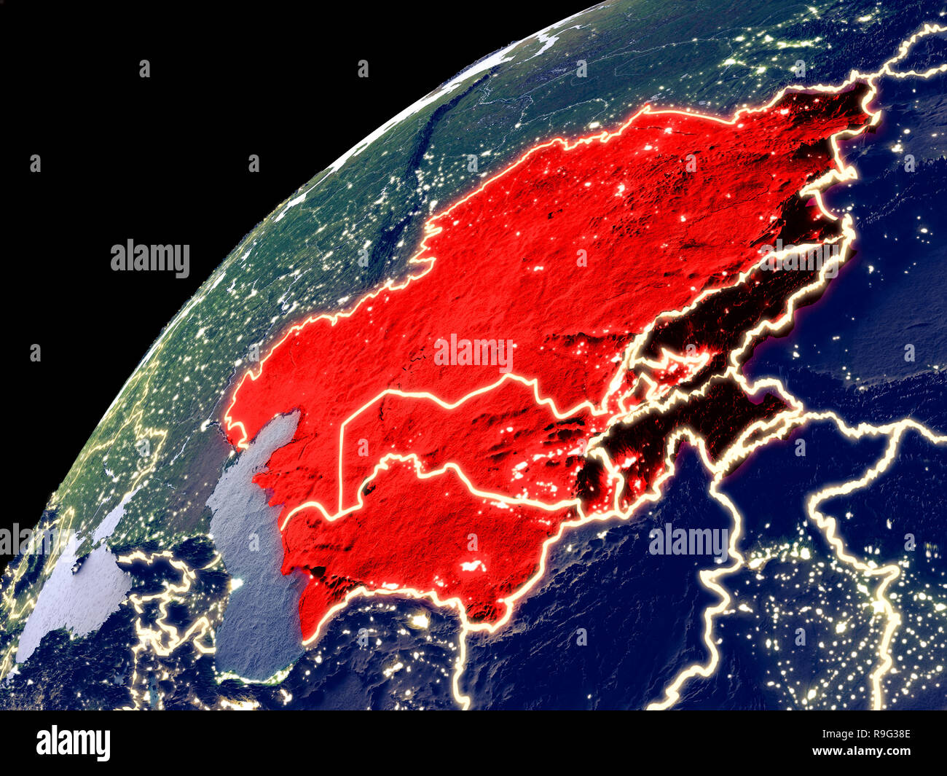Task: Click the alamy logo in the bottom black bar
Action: (x=73, y=742)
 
